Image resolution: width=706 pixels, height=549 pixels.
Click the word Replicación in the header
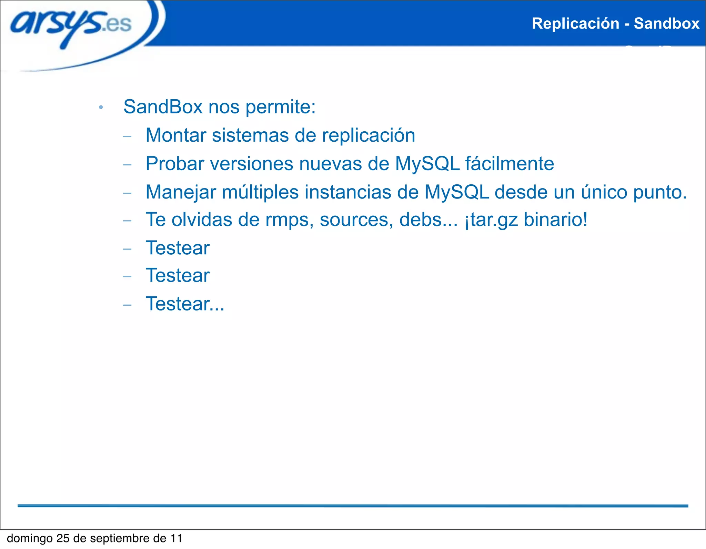click(x=575, y=24)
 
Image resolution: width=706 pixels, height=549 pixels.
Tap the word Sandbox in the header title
click(x=666, y=24)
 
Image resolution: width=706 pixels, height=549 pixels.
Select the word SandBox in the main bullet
click(x=163, y=107)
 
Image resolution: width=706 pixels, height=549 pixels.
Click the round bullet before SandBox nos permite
click(x=101, y=108)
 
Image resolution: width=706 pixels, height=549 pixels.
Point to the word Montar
click(x=176, y=135)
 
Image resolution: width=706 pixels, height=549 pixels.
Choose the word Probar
click(x=175, y=164)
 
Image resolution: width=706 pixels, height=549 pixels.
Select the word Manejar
click(x=181, y=192)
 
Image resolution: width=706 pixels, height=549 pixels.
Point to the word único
click(x=604, y=192)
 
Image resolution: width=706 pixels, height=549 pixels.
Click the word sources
click(x=356, y=220)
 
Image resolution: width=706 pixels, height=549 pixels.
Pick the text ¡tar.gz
click(x=491, y=220)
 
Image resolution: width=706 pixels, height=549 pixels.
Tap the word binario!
click(x=555, y=220)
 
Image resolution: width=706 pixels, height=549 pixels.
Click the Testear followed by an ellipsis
click(x=185, y=304)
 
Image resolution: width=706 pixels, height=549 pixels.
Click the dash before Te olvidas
click(x=127, y=221)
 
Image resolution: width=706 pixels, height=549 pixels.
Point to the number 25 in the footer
click(x=63, y=538)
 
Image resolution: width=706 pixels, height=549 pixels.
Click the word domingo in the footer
click(x=30, y=539)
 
